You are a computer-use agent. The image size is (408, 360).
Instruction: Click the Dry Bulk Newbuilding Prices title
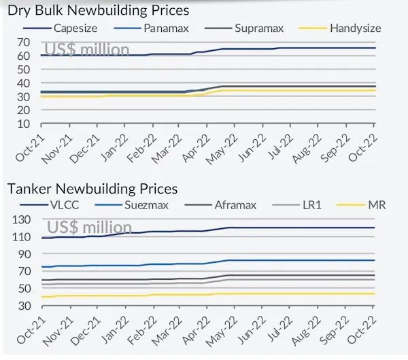98,10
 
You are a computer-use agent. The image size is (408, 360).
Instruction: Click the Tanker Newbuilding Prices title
92,188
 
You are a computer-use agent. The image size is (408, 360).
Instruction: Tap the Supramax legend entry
259,28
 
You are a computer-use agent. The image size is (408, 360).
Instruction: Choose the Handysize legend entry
354,28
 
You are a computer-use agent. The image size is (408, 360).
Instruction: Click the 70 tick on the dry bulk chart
23,41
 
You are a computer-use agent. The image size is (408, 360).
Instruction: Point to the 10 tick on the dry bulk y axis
23,124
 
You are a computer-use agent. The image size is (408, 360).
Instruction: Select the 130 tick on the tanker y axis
20,219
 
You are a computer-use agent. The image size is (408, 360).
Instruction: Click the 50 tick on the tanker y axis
23,289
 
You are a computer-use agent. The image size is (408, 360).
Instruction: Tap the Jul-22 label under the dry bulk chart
275,145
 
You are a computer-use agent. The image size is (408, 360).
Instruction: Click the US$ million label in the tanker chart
88,227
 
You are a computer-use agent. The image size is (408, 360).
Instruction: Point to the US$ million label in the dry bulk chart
86,49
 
